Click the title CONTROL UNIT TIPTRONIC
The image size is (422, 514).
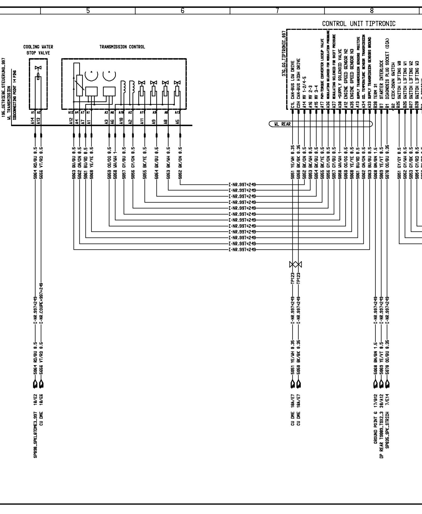click(359, 24)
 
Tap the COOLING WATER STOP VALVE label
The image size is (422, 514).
click(38, 50)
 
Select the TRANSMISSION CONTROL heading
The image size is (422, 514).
click(122, 47)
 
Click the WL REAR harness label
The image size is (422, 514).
click(282, 124)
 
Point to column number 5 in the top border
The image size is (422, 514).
click(88, 11)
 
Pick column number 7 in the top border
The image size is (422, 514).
click(277, 11)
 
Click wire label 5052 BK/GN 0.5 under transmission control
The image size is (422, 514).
click(180, 163)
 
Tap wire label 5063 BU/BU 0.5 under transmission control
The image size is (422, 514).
click(74, 163)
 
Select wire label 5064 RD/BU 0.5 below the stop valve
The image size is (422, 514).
click(35, 163)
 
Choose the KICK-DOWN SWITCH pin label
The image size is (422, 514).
click(393, 84)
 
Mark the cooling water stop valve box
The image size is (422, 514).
click(38, 84)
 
